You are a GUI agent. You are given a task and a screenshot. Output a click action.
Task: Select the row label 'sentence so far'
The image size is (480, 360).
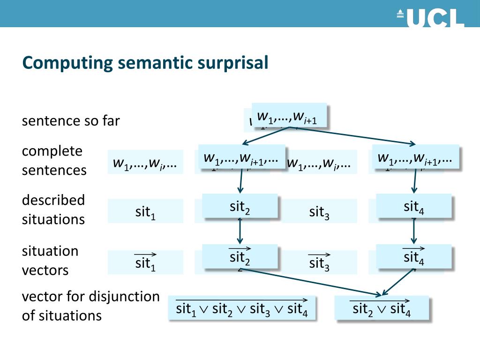[71, 121]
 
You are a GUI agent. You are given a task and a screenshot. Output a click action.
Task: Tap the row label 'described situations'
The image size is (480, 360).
[53, 210]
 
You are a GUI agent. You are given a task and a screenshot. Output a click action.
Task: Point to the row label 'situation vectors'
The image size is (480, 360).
[50, 261]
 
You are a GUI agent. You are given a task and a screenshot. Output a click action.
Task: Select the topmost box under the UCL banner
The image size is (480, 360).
[289, 115]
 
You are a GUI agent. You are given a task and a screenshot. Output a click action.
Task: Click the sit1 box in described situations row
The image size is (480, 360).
[145, 211]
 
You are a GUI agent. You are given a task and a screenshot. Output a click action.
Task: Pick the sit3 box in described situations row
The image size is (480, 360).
[319, 211]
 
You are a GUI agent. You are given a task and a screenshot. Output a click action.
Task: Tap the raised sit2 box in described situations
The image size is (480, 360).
[240, 206]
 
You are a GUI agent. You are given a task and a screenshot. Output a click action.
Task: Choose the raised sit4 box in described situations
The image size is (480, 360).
[414, 206]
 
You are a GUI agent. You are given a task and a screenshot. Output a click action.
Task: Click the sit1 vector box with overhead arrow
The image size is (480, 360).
[145, 262]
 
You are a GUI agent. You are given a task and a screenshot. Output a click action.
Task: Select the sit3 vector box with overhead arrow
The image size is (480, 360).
[319, 262]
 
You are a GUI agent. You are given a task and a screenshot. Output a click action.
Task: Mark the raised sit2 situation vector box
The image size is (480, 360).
[240, 256]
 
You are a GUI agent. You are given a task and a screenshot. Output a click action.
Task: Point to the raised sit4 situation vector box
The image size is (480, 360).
[414, 256]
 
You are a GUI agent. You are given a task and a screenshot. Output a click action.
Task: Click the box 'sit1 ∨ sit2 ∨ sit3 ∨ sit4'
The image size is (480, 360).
[242, 308]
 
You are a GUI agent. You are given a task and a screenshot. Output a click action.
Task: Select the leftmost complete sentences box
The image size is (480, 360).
[145, 162]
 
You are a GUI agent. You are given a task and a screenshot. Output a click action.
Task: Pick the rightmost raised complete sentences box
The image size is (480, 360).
[415, 157]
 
